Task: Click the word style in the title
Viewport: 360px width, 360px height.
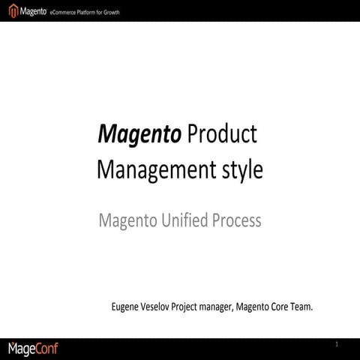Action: point(241,169)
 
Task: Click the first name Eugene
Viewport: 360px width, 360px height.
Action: point(127,307)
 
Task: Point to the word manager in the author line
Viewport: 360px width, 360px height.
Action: point(234,307)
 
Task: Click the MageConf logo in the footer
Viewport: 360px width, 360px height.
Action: point(33,349)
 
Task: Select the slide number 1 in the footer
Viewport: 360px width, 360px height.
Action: point(337,344)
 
